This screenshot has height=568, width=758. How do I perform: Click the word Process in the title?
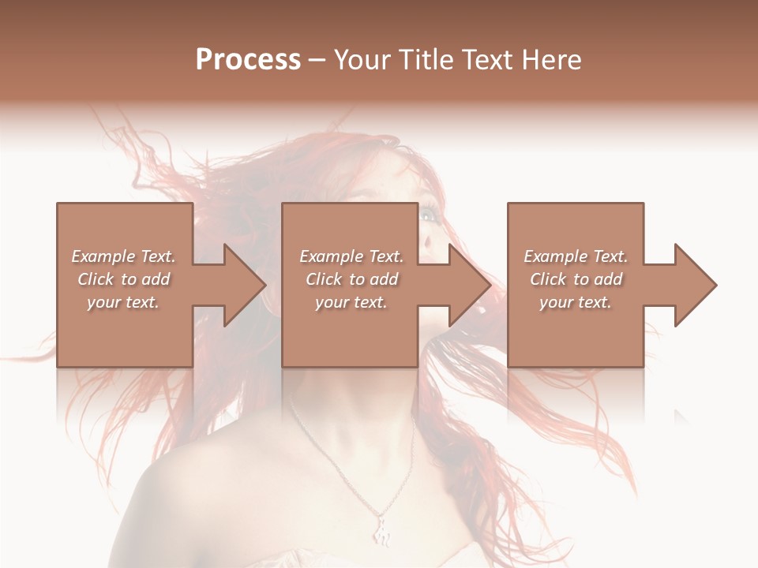[248, 60]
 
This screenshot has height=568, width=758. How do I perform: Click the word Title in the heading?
[426, 60]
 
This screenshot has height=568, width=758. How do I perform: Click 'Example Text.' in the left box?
[124, 256]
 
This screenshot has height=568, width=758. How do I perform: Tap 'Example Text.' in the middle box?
[351, 256]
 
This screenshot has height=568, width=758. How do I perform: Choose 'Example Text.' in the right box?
[576, 256]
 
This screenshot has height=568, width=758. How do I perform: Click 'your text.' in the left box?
[124, 302]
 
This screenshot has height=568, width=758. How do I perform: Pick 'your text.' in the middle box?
[351, 302]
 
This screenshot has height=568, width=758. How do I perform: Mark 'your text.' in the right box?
[576, 302]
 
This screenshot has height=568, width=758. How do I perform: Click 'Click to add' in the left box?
[124, 279]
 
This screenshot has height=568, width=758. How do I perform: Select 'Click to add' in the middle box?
[351, 279]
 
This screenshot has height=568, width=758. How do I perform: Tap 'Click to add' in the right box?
[576, 279]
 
